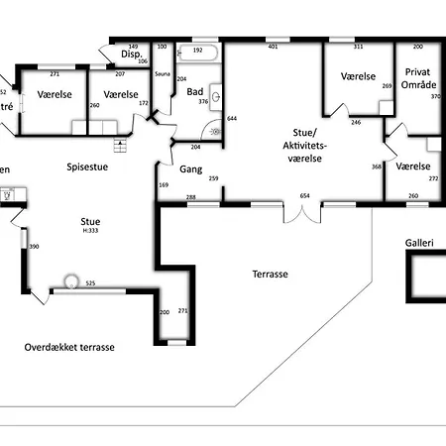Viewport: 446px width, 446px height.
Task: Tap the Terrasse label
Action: tap(270, 274)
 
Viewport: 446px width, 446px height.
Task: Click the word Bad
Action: tap(195, 91)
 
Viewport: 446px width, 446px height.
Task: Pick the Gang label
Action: tap(191, 169)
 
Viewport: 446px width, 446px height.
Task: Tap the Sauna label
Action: tap(164, 74)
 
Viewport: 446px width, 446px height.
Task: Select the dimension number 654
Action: tap(305, 196)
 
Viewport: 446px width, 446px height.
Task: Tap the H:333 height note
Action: tap(90, 230)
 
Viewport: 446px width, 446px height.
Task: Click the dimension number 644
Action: tap(232, 119)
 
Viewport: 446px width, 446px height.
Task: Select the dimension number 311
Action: tap(358, 47)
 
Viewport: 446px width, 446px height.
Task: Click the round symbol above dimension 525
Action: tap(71, 280)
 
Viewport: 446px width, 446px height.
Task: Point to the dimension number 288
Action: tap(190, 196)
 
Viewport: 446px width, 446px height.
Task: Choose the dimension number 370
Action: tap(434, 96)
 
